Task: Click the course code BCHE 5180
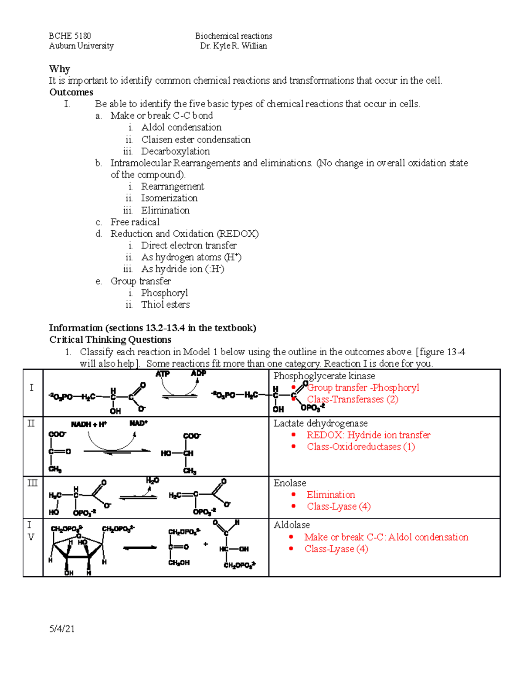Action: (x=70, y=36)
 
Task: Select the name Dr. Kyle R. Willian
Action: (x=233, y=46)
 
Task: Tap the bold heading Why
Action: (x=59, y=69)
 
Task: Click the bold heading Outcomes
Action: (x=71, y=92)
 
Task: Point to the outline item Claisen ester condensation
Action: (x=196, y=139)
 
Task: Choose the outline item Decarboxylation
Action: (x=175, y=151)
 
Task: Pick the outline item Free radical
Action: (x=135, y=222)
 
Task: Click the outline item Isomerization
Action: (x=169, y=198)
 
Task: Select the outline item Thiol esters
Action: (x=165, y=305)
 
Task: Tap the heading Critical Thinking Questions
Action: (x=110, y=340)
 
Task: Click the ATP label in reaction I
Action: (x=163, y=374)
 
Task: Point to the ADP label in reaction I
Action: (x=198, y=373)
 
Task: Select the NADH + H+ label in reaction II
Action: (x=89, y=424)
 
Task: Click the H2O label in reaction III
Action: (x=152, y=480)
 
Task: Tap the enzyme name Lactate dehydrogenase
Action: (x=320, y=423)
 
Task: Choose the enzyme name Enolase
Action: (x=289, y=483)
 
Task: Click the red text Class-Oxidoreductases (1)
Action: (x=360, y=447)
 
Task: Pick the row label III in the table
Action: (x=33, y=483)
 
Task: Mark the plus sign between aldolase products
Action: (x=206, y=544)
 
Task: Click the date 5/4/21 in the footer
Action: (x=62, y=629)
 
